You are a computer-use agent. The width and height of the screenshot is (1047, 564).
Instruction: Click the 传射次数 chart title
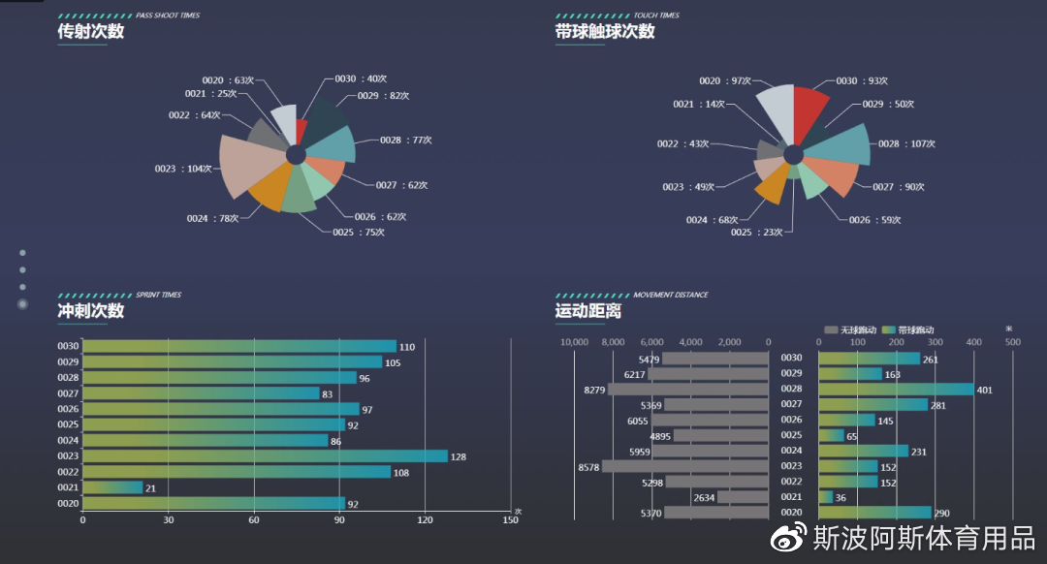tap(91, 31)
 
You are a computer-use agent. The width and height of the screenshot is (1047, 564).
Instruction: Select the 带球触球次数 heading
tap(605, 31)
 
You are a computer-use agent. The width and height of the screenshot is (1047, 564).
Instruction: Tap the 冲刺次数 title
tap(91, 310)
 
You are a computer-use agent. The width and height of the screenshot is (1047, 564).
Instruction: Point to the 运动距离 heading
tap(588, 310)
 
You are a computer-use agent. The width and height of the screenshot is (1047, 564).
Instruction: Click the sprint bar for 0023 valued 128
tap(265, 455)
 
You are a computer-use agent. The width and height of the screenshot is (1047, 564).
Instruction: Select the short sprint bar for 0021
tap(112, 487)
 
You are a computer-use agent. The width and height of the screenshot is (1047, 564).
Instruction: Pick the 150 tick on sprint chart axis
tap(510, 520)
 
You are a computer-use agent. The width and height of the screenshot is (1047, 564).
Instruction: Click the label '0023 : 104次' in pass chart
tap(183, 169)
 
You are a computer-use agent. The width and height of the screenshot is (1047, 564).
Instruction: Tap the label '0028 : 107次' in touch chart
tap(906, 143)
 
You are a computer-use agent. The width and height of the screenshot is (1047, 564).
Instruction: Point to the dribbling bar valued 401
tap(896, 390)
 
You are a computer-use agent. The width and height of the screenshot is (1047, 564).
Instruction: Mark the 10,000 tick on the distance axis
tap(575, 341)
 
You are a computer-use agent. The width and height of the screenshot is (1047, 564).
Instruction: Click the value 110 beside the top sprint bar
tap(407, 347)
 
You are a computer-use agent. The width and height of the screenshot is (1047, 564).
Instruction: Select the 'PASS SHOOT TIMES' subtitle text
tap(168, 16)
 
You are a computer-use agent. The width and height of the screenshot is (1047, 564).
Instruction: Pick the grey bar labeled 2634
tap(743, 497)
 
